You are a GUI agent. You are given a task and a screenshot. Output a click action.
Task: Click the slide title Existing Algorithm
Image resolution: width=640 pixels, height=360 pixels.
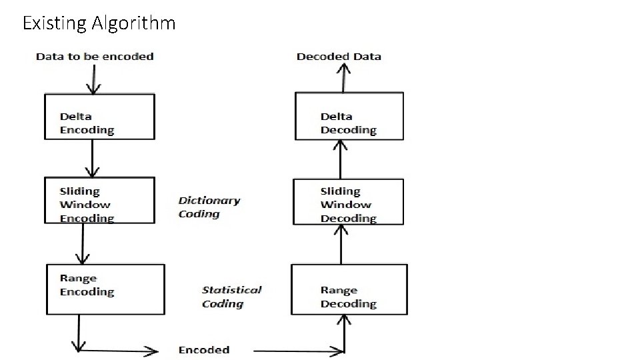(99, 23)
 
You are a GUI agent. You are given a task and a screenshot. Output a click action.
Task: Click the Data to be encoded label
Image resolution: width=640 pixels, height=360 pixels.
(95, 57)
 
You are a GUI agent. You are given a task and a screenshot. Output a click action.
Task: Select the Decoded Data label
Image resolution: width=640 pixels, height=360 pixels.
(339, 57)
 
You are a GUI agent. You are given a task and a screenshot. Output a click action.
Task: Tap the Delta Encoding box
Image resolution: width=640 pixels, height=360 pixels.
(99, 117)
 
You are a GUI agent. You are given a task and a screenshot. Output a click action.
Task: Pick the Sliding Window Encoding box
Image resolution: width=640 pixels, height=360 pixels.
(99, 201)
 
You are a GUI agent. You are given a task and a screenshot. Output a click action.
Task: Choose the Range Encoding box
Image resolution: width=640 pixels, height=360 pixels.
(105, 289)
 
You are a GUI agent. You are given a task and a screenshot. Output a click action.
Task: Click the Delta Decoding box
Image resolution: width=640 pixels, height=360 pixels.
(349, 117)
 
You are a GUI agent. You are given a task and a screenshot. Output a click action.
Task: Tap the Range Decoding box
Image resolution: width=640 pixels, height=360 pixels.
(349, 289)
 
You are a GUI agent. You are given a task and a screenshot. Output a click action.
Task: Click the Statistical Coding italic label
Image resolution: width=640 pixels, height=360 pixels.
(231, 297)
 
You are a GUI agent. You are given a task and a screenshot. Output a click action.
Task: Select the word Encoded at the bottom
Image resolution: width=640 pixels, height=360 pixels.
(204, 350)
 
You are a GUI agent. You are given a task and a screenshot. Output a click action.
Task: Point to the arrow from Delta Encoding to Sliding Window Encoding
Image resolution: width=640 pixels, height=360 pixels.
(93, 159)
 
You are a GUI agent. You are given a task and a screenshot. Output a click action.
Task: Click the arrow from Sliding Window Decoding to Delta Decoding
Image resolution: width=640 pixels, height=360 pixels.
(341, 159)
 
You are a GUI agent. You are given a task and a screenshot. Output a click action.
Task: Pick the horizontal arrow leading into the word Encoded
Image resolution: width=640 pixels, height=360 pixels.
(120, 351)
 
